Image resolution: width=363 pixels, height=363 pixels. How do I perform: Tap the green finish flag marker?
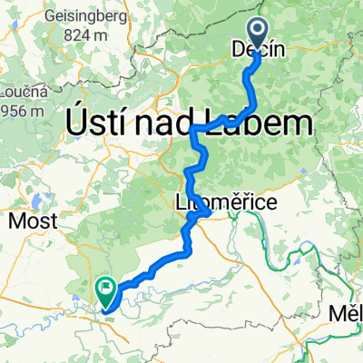pyautogui.click(x=106, y=293)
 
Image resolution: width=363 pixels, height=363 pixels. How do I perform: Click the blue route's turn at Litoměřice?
pyautogui.click(x=210, y=211)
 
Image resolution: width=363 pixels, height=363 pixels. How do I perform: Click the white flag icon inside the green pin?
pyautogui.click(x=106, y=290)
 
